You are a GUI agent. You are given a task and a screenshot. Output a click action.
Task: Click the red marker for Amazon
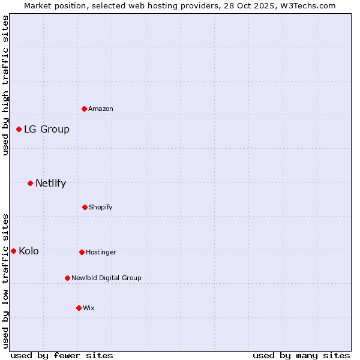pyautogui.click(x=84, y=109)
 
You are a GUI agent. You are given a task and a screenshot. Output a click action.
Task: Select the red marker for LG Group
pyautogui.click(x=19, y=129)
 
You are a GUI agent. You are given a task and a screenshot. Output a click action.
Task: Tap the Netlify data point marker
pyautogui.click(x=30, y=183)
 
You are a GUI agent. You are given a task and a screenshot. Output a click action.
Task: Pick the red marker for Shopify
pyautogui.click(x=85, y=207)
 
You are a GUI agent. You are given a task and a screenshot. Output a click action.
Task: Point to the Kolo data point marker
pyautogui.click(x=13, y=251)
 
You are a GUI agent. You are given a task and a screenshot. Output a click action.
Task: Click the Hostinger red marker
pyautogui.click(x=82, y=252)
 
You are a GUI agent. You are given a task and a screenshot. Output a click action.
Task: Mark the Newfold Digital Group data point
pyautogui.click(x=67, y=278)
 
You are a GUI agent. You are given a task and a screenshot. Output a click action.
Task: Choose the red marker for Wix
pyautogui.click(x=79, y=308)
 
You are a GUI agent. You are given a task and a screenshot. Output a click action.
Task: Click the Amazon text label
pyautogui.click(x=101, y=109)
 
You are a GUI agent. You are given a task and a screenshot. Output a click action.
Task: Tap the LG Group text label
pyautogui.click(x=47, y=129)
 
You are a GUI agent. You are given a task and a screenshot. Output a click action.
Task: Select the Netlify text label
pyautogui.click(x=51, y=183)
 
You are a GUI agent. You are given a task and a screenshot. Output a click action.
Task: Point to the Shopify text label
pyautogui.click(x=101, y=207)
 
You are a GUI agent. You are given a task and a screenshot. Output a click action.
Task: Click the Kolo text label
pyautogui.click(x=29, y=251)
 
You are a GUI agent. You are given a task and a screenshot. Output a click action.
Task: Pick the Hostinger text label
pyautogui.click(x=101, y=252)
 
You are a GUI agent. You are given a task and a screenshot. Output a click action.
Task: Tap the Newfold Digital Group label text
pyautogui.click(x=106, y=278)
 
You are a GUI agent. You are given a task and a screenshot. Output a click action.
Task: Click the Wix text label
pyautogui.click(x=89, y=308)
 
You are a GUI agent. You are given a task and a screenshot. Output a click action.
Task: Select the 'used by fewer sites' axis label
pyautogui.click(x=62, y=355)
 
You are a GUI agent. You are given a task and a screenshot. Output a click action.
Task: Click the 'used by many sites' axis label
pyautogui.click(x=301, y=355)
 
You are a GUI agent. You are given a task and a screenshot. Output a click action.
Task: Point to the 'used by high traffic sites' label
pyautogui.click(x=5, y=85)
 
